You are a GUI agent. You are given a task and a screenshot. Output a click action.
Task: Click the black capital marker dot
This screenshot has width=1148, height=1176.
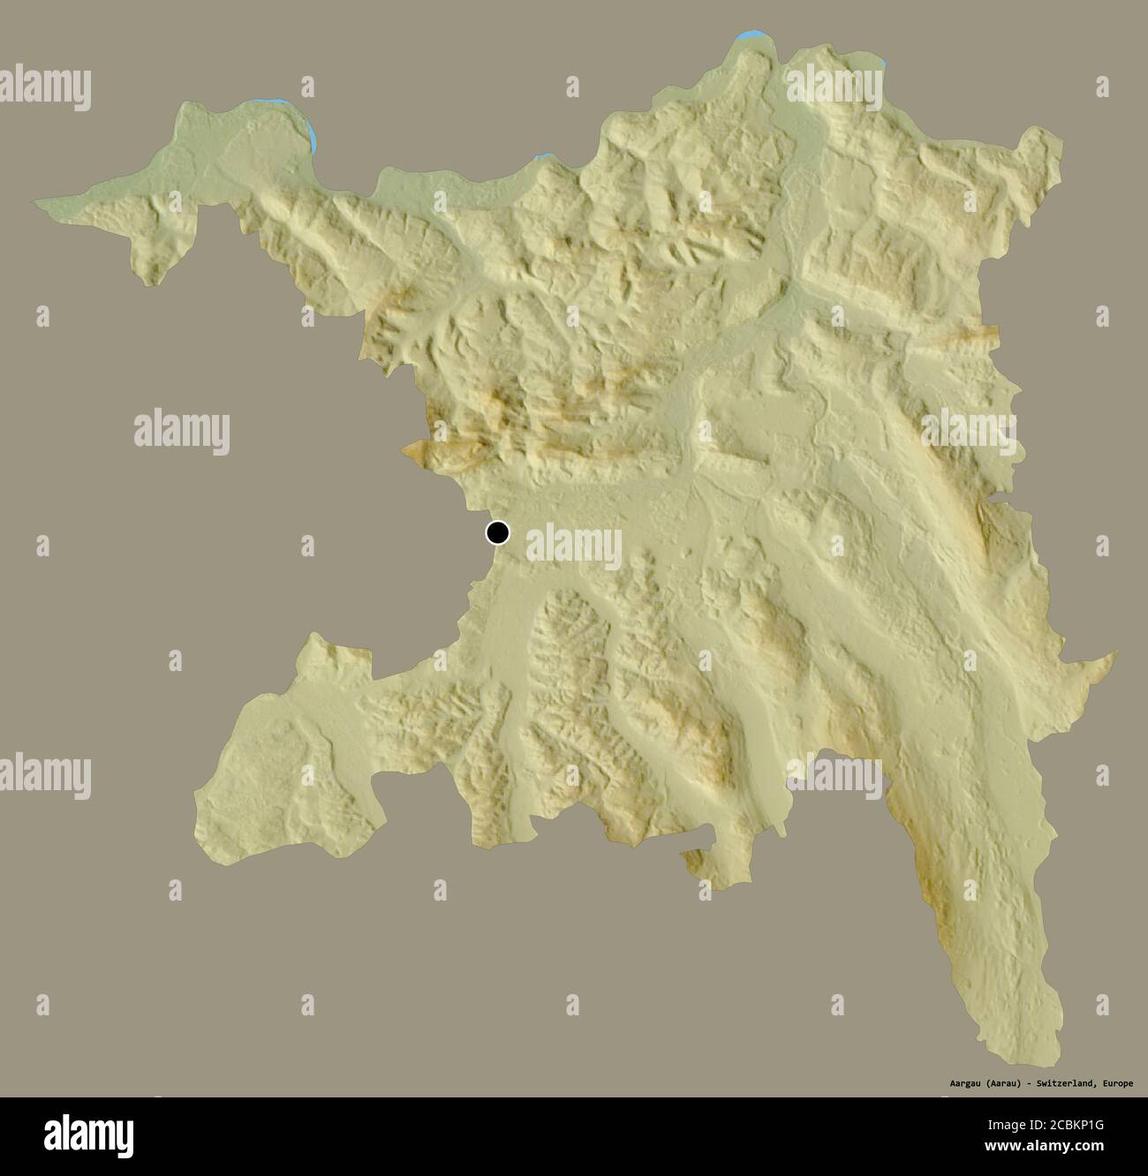tap(498, 532)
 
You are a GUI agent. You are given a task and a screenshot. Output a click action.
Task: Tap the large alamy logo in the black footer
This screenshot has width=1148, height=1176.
tap(88, 1135)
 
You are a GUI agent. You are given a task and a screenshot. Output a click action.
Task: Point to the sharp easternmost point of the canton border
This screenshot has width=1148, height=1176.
tap(1114, 653)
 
